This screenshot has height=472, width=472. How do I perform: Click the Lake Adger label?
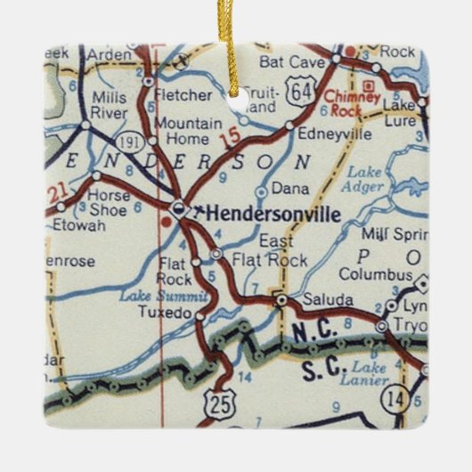pyautogui.click(x=366, y=179)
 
